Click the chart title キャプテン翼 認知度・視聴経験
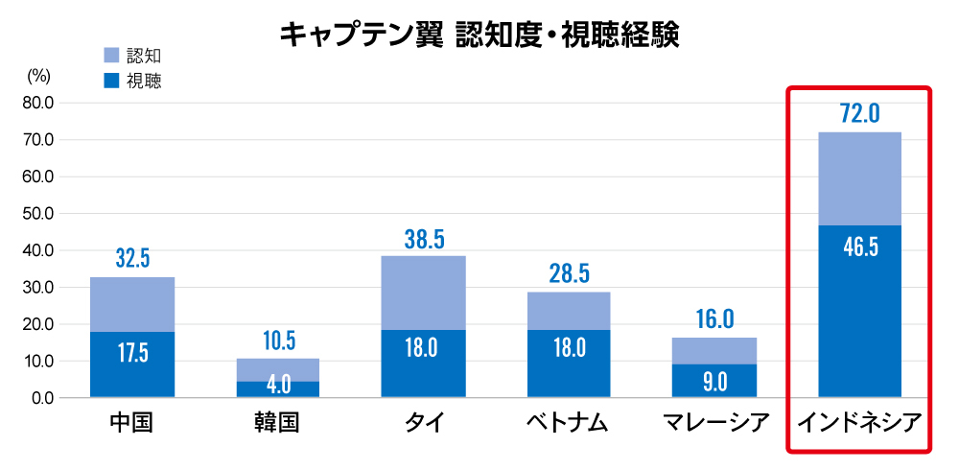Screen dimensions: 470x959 click(479, 35)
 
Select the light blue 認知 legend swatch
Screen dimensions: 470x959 click(110, 56)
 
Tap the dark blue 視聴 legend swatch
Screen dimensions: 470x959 click(110, 82)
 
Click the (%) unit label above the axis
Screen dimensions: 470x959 click(38, 73)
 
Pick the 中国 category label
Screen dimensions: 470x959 click(132, 422)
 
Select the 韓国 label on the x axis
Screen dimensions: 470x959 click(277, 422)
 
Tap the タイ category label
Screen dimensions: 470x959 click(423, 422)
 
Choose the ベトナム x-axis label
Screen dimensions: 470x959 click(568, 422)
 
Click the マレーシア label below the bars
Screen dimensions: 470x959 click(713, 422)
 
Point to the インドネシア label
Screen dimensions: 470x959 click(859, 422)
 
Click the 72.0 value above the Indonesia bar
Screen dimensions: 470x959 click(859, 114)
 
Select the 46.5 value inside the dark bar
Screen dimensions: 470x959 click(859, 247)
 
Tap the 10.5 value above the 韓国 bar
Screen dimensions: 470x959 click(277, 341)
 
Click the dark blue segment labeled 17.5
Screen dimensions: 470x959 click(132, 364)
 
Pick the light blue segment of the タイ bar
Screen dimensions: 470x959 click(423, 293)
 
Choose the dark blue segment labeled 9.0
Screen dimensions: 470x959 click(713, 381)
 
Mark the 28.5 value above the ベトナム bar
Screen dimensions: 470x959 click(568, 274)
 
